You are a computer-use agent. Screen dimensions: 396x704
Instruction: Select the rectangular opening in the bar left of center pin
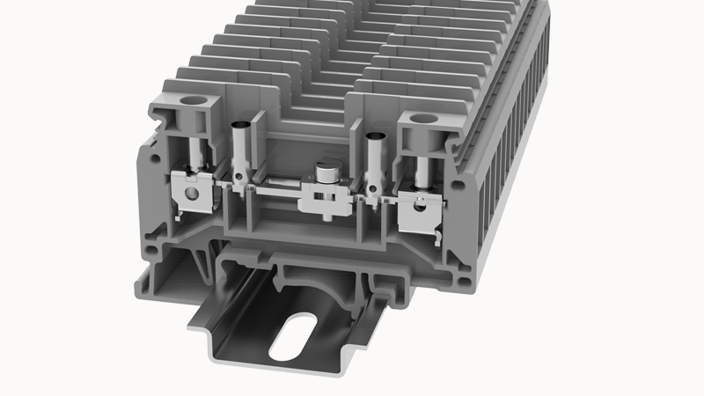pos(276,180)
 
